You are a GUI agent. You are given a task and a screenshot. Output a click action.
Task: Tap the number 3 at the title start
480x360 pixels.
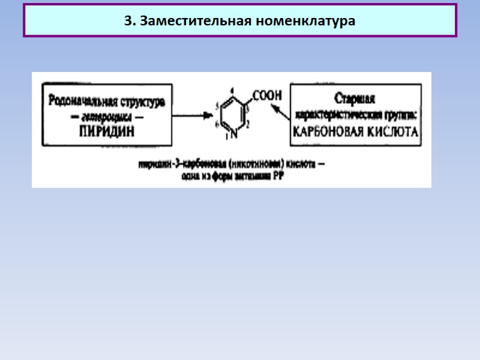[128, 21]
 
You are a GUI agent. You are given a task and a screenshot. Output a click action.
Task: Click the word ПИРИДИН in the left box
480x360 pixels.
[107, 131]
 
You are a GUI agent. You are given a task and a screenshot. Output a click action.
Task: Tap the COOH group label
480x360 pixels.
[267, 95]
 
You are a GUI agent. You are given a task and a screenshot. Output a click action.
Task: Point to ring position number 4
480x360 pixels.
[232, 91]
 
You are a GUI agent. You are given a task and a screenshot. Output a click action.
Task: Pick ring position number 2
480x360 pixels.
[248, 123]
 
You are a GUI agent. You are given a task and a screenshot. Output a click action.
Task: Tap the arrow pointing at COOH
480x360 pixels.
[279, 111]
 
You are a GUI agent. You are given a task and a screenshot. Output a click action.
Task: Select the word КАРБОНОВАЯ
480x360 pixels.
[327, 132]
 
